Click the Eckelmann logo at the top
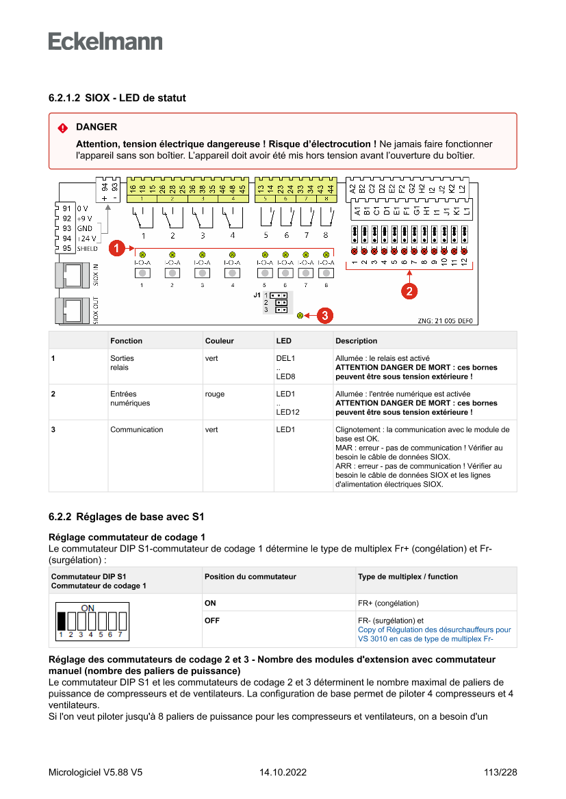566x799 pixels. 105,42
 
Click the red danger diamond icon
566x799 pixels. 62,128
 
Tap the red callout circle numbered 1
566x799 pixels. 117,248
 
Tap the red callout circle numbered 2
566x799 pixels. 409,291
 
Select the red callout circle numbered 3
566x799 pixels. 326,315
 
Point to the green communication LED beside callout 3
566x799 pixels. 300,315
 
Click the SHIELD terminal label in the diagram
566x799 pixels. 86,249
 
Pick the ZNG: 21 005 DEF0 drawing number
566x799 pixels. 445,321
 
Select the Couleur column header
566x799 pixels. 219,340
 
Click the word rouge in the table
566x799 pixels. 214,394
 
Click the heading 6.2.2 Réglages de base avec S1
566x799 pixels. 127,516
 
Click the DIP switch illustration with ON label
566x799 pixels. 90,621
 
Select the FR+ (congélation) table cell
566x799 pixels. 388,603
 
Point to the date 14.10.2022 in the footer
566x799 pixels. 283,772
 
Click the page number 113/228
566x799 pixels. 500,772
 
